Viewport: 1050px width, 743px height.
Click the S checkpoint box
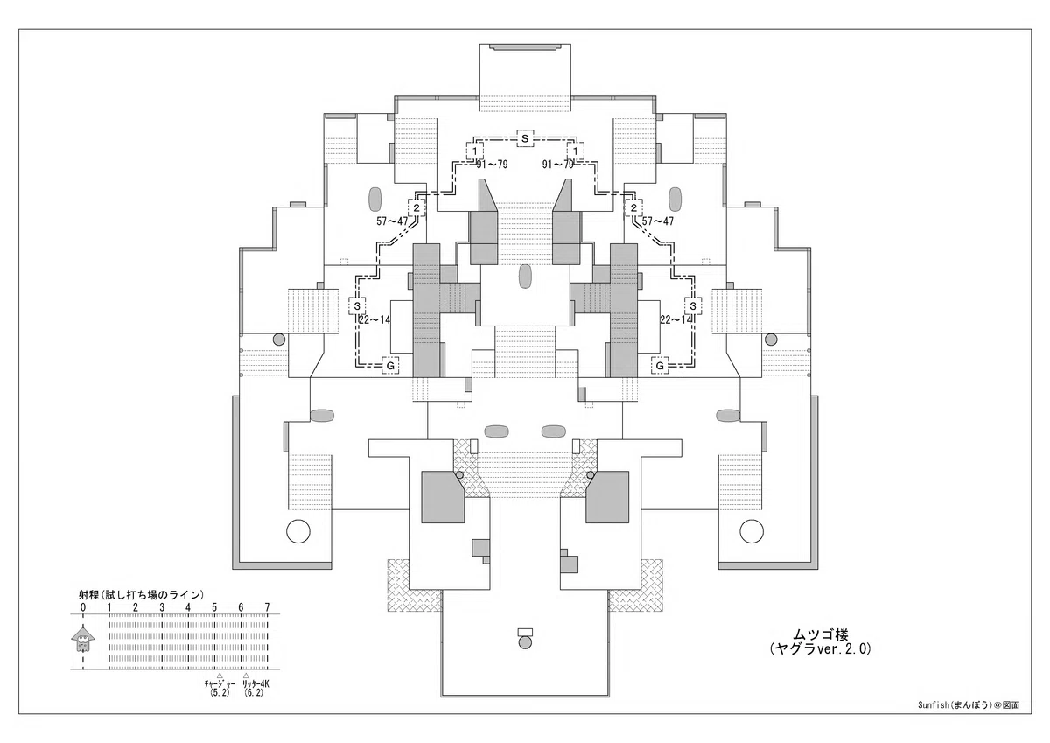click(525, 138)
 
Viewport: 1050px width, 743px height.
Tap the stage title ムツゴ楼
click(821, 634)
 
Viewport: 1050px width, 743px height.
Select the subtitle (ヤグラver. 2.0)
click(821, 648)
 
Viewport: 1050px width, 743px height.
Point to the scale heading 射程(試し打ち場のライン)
click(141, 595)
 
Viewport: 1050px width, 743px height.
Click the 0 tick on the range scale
click(83, 607)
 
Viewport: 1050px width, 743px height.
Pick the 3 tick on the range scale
click(162, 607)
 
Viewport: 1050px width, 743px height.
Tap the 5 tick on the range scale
click(214, 607)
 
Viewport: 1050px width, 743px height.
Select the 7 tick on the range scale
click(267, 607)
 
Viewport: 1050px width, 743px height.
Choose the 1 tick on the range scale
click(109, 607)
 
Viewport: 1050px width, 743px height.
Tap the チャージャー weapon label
click(219, 684)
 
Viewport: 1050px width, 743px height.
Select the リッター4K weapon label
click(255, 684)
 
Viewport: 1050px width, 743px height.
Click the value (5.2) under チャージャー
click(220, 693)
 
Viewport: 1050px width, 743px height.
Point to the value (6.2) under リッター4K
click(254, 693)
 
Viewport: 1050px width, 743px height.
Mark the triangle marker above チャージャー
click(220, 676)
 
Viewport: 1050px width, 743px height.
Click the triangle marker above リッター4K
click(246, 676)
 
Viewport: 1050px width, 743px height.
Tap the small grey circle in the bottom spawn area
click(525, 642)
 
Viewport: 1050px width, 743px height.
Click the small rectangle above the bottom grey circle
click(525, 632)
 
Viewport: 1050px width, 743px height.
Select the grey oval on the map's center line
click(525, 277)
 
